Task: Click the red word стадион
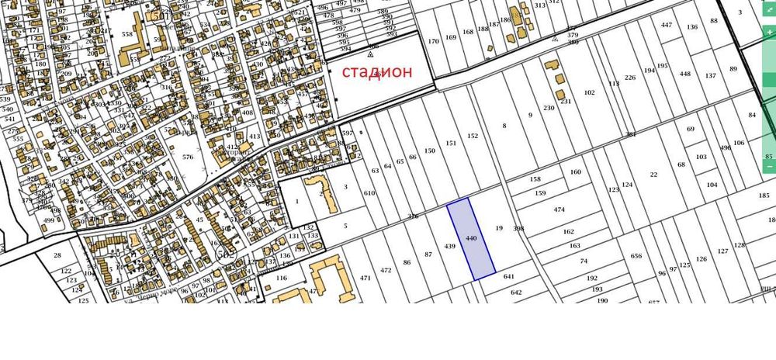[377, 71]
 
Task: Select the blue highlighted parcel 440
[471, 238]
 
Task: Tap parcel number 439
[449, 247]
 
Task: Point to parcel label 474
[559, 210]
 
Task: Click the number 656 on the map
[636, 257]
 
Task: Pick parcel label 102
[589, 93]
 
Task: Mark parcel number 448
[684, 74]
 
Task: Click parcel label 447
[666, 25]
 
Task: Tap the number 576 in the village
[187, 157]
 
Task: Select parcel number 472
[386, 271]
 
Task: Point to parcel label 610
[369, 192]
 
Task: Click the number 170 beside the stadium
[433, 41]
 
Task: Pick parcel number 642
[516, 292]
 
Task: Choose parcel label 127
[722, 251]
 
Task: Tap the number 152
[473, 137]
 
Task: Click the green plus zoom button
[769, 34]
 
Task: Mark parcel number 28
[57, 255]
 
